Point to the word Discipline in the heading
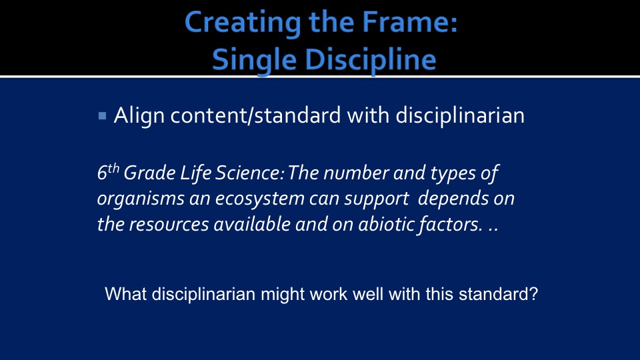click(371, 59)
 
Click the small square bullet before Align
click(103, 116)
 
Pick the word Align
click(139, 115)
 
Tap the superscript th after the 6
click(113, 168)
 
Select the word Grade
click(149, 173)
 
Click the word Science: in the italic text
click(249, 173)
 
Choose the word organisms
click(140, 199)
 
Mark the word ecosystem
click(259, 199)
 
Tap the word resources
click(169, 224)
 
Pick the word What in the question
click(126, 294)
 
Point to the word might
click(283, 294)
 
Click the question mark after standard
click(534, 294)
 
